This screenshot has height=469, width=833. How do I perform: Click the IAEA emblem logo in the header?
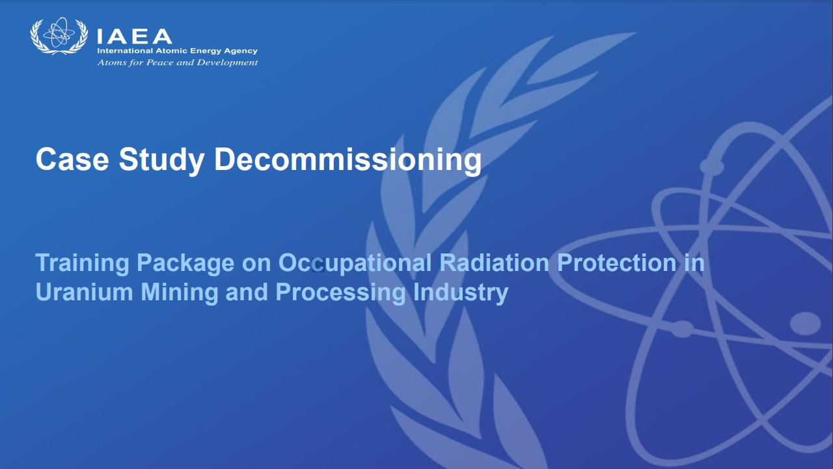tap(59, 36)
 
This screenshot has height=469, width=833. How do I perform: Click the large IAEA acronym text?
tap(134, 37)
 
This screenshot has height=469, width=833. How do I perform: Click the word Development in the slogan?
tap(227, 63)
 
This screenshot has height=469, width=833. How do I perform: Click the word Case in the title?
tap(72, 159)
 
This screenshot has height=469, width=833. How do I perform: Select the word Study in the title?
tap(161, 160)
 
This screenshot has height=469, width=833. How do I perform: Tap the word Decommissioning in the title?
tap(348, 160)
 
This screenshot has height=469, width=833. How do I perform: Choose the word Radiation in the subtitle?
tap(494, 263)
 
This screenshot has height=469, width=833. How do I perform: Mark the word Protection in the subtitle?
tap(616, 263)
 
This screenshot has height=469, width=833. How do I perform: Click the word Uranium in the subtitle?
tap(85, 292)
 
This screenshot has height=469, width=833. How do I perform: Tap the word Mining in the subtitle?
tap(180, 293)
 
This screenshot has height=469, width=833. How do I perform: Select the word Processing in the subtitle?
tap(340, 293)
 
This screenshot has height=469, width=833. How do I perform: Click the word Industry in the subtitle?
tap(460, 293)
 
